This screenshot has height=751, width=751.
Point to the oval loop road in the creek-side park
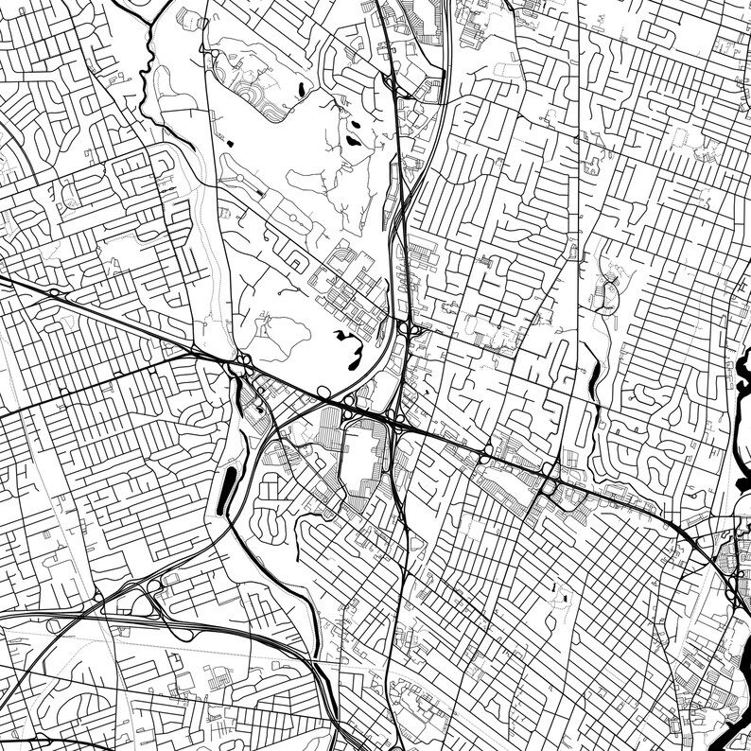610,293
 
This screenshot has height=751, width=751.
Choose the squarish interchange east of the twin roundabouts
549,486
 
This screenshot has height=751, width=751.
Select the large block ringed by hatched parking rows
365,463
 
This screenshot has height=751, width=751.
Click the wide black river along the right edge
743,397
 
